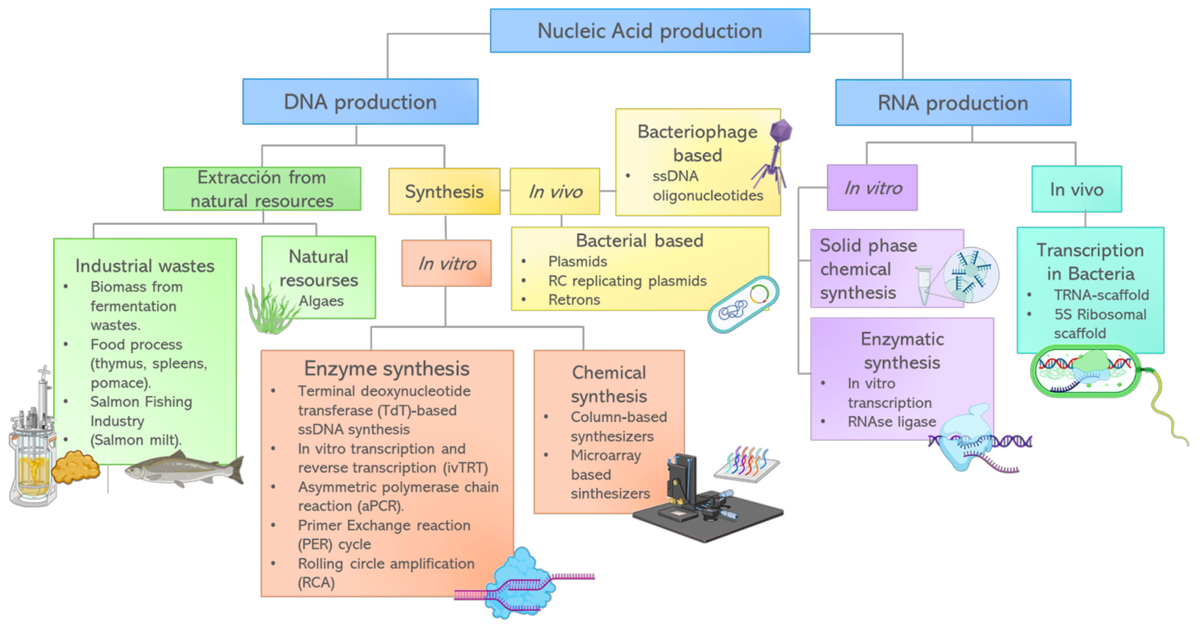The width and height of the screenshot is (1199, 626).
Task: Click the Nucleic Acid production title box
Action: coord(650,31)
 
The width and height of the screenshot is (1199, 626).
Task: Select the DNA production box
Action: coord(360,102)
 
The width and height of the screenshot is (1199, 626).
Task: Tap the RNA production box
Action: coord(953,103)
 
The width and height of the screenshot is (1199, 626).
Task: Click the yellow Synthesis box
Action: coord(444,192)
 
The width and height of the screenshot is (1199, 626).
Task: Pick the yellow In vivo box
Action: coord(555,192)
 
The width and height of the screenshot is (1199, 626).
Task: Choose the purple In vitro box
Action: coord(872,188)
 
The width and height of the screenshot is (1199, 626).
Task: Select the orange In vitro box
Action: coord(446,263)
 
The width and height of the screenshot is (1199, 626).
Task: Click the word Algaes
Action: coord(321,301)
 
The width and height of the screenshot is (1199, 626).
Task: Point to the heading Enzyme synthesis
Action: coord(387,369)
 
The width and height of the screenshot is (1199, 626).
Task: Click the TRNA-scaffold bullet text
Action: coord(1101,295)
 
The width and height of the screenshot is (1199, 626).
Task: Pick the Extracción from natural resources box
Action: coord(262,189)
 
